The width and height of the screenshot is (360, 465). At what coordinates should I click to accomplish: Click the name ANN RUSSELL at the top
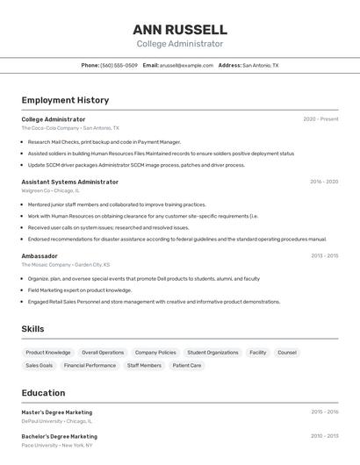tap(179, 29)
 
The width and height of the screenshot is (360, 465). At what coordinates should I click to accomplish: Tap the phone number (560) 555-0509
tap(119, 65)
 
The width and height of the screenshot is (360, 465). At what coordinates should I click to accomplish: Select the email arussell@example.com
tap(186, 65)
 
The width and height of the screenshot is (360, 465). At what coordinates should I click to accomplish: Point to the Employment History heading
tap(65, 100)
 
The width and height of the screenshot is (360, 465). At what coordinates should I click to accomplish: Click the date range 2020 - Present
tap(320, 119)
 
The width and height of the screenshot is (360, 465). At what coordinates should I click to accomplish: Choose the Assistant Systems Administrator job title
tap(69, 182)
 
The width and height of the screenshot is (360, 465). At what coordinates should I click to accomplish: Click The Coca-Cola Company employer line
tap(70, 128)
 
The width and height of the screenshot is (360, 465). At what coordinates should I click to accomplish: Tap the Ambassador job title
tap(40, 255)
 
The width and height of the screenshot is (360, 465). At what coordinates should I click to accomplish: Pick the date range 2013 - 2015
tap(324, 255)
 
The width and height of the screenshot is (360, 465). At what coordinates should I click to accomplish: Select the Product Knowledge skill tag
tap(48, 353)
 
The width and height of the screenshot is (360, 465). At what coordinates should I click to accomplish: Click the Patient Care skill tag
tap(187, 365)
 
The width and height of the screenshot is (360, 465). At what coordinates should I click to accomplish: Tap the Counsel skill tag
tap(287, 353)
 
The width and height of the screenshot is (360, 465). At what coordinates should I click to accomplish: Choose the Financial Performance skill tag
tap(90, 365)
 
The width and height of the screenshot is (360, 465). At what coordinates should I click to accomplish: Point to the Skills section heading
tap(32, 329)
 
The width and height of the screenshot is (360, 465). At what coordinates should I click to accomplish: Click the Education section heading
tap(43, 393)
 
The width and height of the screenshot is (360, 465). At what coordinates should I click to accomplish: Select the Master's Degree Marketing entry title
tap(56, 412)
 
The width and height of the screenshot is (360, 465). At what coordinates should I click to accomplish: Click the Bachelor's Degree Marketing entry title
tap(59, 436)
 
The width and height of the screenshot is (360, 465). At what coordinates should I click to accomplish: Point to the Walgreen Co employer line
tap(50, 190)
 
